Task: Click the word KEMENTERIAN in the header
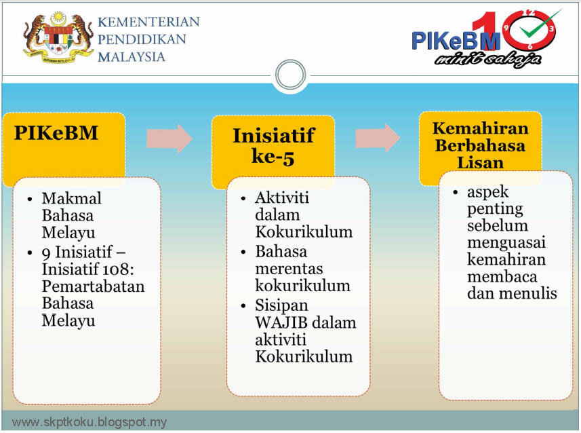(x=148, y=22)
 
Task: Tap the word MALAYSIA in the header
(x=132, y=56)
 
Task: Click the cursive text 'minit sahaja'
(x=487, y=59)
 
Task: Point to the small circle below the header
(x=290, y=73)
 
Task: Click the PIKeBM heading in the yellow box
(x=56, y=133)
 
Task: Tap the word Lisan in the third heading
(x=479, y=163)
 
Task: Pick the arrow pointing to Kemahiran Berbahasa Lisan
(x=378, y=138)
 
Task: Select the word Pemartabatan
(x=93, y=286)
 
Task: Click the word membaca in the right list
(x=502, y=276)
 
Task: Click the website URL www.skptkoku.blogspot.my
(x=89, y=422)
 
